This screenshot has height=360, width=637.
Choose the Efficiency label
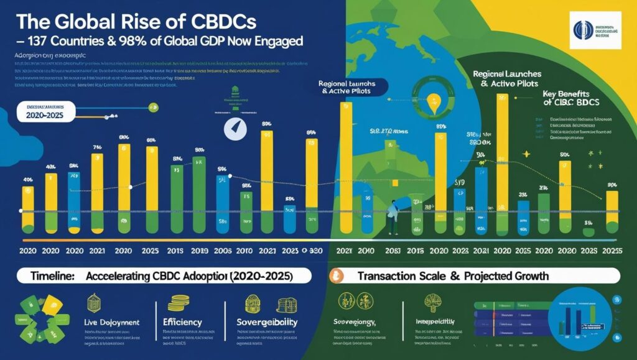point(184,322)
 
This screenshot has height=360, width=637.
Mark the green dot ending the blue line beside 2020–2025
point(154,108)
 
